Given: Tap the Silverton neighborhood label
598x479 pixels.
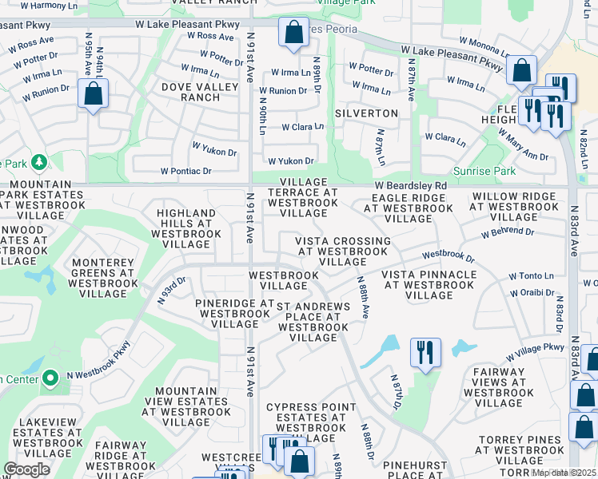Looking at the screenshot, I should pos(366,113).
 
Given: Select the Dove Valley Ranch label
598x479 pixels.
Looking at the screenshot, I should pos(190,92).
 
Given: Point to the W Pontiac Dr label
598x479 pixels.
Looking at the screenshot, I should pos(185,171).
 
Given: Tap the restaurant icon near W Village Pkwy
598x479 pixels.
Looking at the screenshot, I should pos(425,352).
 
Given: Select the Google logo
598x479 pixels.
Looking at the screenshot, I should pos(26,469).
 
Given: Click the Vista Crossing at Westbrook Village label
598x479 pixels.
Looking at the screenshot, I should pos(342,251).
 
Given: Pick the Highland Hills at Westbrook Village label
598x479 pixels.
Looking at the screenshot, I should pos(186,228).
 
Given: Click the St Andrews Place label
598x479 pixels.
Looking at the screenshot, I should pos(313,322).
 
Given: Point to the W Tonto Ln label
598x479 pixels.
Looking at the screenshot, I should pos(531,275).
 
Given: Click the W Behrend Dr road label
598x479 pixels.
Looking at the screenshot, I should pos(507,232).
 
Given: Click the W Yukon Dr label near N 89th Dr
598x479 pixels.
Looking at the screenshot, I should pos(286,160).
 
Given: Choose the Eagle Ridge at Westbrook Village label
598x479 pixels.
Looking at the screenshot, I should pos(409,208).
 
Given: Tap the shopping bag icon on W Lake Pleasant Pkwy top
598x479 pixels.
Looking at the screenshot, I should pos(293,33).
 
